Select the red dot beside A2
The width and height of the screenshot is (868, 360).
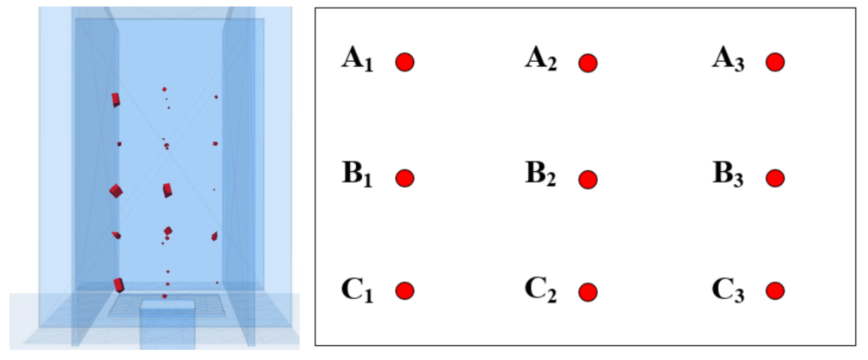[x=588, y=63]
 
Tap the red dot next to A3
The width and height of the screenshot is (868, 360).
[x=775, y=62]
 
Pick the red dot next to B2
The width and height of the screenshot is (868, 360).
[x=588, y=179]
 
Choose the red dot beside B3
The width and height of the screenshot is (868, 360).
[x=775, y=178]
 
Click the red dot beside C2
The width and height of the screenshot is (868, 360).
[x=588, y=292]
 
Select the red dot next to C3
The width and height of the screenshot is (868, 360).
[x=775, y=291]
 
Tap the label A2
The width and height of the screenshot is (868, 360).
[x=541, y=61]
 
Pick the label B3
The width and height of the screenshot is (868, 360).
[x=728, y=174]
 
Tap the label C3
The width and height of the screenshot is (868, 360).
[x=728, y=290]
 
